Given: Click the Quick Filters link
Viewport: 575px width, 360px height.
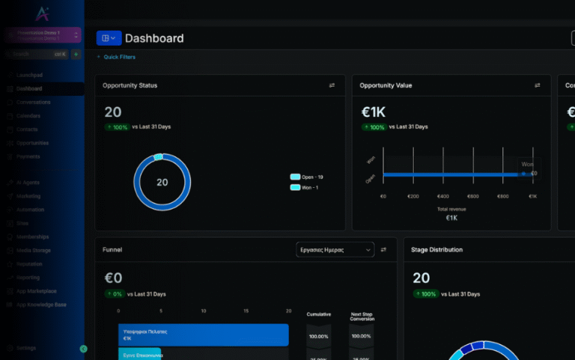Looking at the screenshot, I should [x=119, y=57].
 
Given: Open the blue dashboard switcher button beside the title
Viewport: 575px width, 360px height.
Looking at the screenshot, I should [x=109, y=38].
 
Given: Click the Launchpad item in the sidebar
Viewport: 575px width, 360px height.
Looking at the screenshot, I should [x=29, y=75].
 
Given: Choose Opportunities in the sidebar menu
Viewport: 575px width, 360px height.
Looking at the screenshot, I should [x=32, y=143].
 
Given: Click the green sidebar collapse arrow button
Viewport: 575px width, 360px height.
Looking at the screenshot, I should [x=83, y=349].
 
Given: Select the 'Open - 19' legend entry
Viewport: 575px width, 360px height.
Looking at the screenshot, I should [x=307, y=177].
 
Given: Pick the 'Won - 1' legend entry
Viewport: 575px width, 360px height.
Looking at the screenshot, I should [x=305, y=187].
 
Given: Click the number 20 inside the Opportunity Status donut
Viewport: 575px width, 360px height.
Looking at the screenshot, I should [x=162, y=183].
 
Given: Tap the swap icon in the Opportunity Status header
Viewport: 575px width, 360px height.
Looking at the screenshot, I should [x=332, y=85].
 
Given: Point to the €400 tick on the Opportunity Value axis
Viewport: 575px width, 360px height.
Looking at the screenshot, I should [x=443, y=196].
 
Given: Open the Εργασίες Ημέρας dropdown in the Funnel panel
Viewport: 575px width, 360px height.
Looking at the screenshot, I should [x=335, y=249].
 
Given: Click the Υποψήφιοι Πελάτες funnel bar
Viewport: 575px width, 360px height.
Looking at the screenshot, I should [x=203, y=335].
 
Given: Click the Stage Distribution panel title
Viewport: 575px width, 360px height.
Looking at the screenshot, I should [x=436, y=249].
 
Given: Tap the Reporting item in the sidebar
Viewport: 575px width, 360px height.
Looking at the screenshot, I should [x=29, y=278].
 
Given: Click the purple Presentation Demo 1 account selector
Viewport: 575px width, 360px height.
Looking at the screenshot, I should [x=43, y=34].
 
